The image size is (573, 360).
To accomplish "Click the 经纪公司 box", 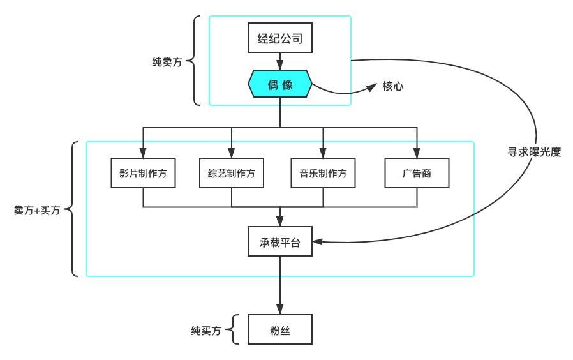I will click(x=280, y=40).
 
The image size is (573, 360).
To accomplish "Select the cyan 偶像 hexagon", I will click(x=280, y=84).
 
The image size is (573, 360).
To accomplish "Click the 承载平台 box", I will click(x=280, y=242).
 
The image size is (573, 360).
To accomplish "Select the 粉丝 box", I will click(x=280, y=331).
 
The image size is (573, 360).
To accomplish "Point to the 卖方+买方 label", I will click(x=36, y=209).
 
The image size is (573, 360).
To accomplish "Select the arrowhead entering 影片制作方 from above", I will click(x=143, y=153).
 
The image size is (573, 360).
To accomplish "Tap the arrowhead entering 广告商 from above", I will click(x=417, y=153).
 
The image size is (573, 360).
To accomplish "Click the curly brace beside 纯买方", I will click(x=234, y=331).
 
